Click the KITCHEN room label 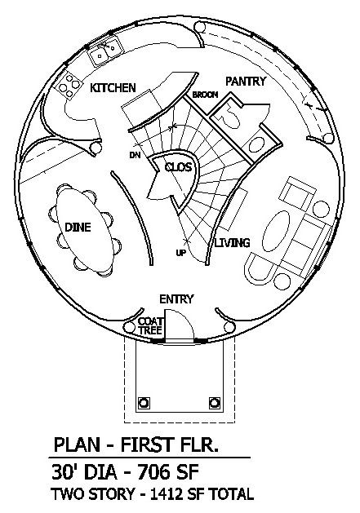[x=113, y=88]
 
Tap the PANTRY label [x=246, y=81]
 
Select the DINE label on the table [x=78, y=227]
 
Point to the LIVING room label [x=233, y=243]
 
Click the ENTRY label [x=176, y=299]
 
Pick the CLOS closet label [x=178, y=167]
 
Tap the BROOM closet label [x=205, y=95]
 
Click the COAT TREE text [x=150, y=326]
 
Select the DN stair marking [x=135, y=155]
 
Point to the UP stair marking [x=180, y=253]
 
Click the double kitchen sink [x=106, y=51]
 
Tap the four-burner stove [x=69, y=85]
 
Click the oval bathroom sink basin [x=256, y=145]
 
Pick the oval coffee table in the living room [x=276, y=231]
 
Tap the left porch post [x=144, y=402]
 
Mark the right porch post [x=214, y=402]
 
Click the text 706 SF [x=168, y=472]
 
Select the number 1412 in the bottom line [x=167, y=494]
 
